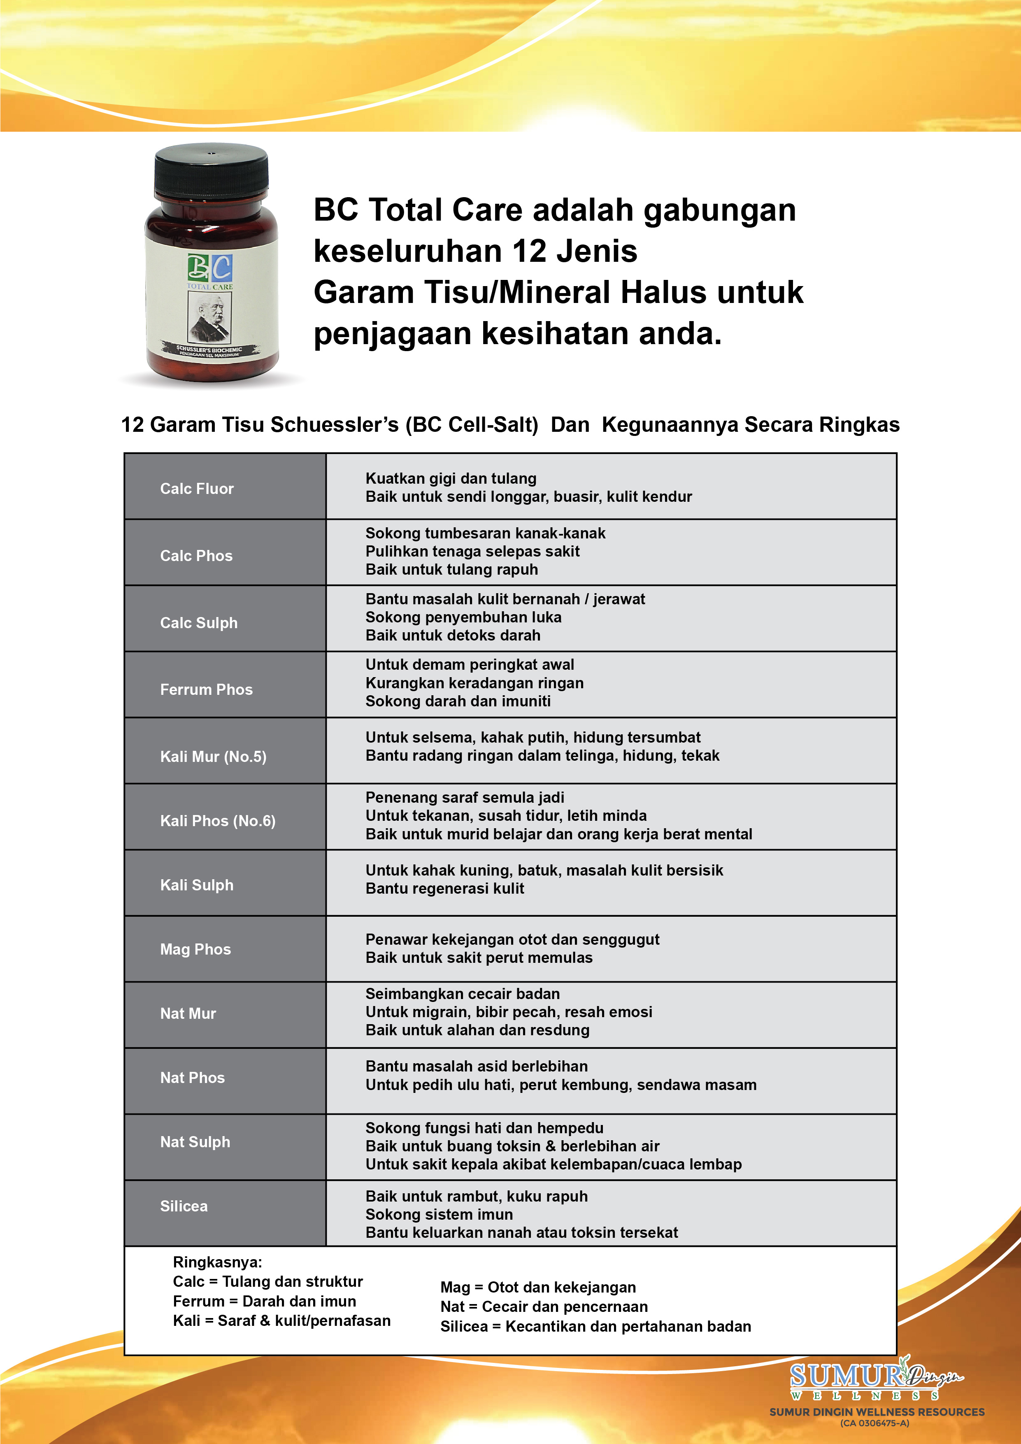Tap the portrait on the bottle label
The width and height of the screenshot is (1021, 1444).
210,318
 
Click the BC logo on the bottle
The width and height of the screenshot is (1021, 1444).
210,268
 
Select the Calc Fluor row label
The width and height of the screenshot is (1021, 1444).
197,489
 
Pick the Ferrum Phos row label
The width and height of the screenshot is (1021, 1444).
206,689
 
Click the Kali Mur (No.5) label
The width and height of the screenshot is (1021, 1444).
213,756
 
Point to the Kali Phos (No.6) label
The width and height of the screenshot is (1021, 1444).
218,821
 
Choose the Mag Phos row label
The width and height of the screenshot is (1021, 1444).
195,949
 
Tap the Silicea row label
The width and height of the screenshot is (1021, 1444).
184,1206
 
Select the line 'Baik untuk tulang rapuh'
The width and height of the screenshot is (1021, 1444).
451,569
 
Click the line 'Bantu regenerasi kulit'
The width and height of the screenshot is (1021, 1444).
444,888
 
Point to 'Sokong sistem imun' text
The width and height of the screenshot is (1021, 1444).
439,1214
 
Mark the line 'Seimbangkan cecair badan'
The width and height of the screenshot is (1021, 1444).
462,994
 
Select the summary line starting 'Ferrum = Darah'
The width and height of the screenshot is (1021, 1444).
264,1301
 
